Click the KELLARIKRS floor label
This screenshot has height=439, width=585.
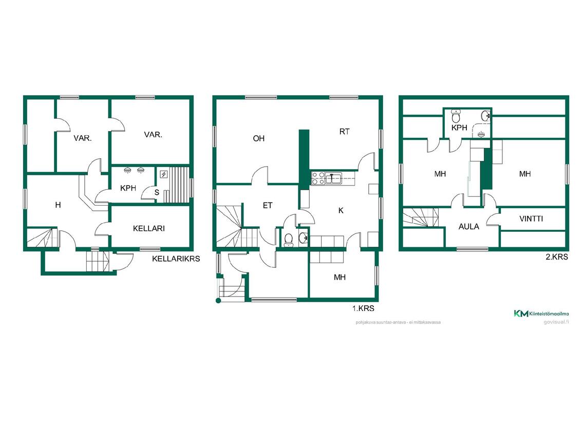click(176, 259)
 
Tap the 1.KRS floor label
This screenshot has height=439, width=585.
click(363, 309)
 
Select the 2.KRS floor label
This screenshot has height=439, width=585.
click(557, 257)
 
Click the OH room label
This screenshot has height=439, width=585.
click(259, 138)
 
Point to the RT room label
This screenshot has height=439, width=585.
click(344, 132)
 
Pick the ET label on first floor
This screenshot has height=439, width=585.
click(268, 206)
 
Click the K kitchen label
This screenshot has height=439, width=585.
click(341, 210)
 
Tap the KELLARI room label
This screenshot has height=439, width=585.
click(148, 228)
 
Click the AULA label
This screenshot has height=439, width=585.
click(468, 226)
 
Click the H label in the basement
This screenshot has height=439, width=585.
click(58, 205)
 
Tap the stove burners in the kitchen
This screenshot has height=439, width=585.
click(318, 178)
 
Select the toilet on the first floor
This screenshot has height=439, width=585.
click(289, 239)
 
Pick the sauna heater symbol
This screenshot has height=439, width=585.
click(164, 174)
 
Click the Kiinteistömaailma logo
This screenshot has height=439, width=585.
click(542, 313)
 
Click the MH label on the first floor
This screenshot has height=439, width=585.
click(339, 277)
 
